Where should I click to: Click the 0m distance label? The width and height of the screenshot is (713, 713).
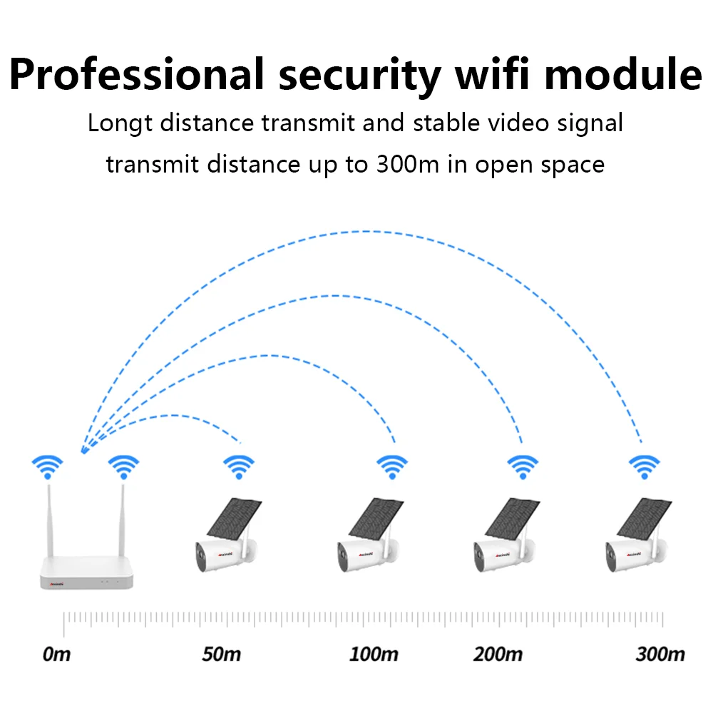click(x=57, y=653)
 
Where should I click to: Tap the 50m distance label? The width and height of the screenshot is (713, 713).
click(x=221, y=653)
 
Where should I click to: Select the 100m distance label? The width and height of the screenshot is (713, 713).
click(x=374, y=653)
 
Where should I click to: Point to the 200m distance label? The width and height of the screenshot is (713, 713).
click(x=498, y=653)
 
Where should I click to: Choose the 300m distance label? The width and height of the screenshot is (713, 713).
click(x=660, y=653)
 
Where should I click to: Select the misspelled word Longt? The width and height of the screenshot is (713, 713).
click(x=120, y=123)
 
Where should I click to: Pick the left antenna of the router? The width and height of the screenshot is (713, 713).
click(x=50, y=520)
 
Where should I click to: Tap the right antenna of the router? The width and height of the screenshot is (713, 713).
click(x=122, y=520)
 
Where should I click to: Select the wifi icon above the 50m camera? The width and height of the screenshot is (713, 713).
click(x=239, y=466)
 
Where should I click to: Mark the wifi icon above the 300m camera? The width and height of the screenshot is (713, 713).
click(x=644, y=466)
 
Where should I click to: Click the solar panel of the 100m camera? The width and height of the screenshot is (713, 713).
click(x=376, y=517)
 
